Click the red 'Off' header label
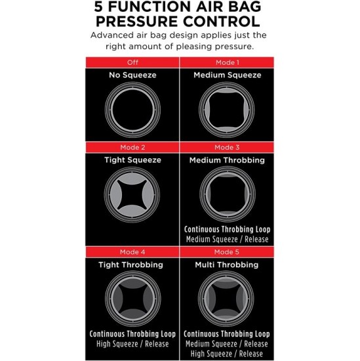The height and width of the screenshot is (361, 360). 132,62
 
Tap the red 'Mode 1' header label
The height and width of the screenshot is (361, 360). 227,62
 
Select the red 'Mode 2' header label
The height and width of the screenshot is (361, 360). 132,147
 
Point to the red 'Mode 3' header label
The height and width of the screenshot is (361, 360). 227,147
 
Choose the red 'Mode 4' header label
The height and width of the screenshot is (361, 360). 132,252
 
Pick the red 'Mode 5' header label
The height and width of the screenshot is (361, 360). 227,252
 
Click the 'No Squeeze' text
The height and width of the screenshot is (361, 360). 132,75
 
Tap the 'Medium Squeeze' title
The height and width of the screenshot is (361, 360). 227,75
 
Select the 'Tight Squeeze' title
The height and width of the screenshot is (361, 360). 132,159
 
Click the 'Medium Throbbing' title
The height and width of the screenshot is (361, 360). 227,159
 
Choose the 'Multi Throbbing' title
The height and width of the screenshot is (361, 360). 227,265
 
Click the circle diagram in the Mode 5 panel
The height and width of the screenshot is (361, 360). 227,299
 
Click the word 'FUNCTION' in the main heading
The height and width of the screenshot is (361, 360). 150,9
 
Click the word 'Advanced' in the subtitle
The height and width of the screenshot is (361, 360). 113,36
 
